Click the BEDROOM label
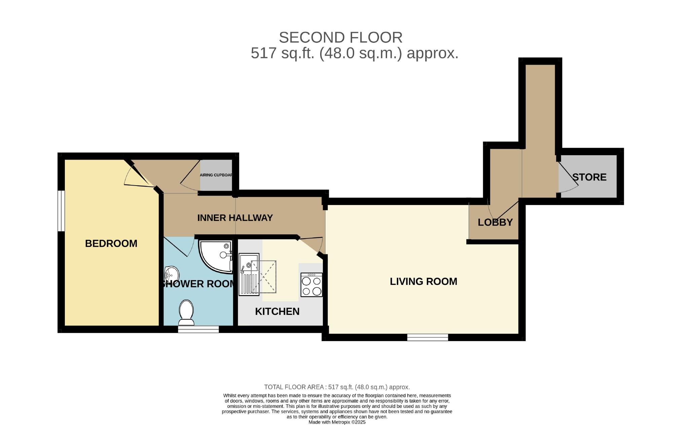pos(111,243)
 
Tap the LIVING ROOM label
pos(423,282)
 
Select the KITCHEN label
pos(277,312)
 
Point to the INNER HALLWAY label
pos(235,218)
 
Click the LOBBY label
pos(495,222)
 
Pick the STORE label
pos(589,177)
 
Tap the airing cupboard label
pos(216,175)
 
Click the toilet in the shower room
pos(186,312)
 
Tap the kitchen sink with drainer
pos(249,274)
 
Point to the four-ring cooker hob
pos(311,285)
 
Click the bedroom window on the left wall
pos(61,211)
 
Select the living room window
pos(427,337)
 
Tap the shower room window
pos(198,329)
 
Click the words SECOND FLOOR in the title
pos(341,37)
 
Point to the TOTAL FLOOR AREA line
pos(337,387)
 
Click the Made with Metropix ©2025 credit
pos(337,422)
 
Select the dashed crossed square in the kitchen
pos(264,276)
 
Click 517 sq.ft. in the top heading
pos(283,53)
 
